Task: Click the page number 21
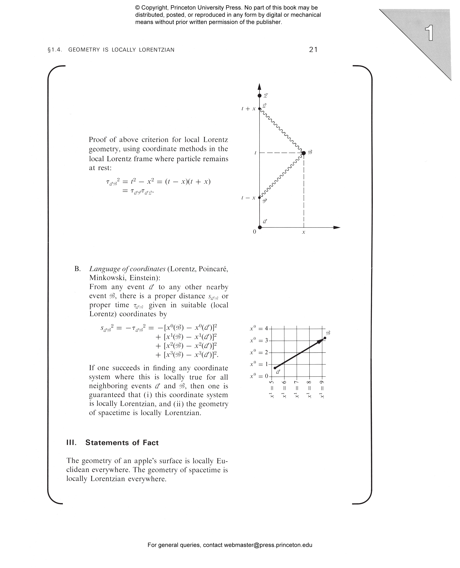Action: pos(313,50)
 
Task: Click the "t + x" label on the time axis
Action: pos(249,109)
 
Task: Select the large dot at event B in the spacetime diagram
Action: pos(304,153)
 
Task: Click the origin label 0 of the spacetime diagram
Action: pos(254,232)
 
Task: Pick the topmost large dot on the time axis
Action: pos(260,96)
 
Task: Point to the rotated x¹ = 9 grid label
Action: pos(322,389)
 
